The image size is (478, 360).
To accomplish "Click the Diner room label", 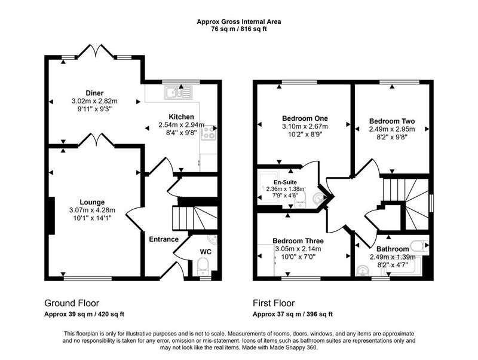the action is click(x=94, y=93).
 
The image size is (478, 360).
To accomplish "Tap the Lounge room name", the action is click(x=92, y=202).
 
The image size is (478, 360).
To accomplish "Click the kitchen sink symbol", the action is click(x=178, y=92).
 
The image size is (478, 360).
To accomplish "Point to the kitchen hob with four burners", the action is click(x=209, y=133).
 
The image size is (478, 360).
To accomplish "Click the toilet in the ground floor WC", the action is click(x=203, y=265).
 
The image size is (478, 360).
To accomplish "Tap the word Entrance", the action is click(x=164, y=239).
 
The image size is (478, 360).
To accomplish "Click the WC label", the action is click(x=206, y=252).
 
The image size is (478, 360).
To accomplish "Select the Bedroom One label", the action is click(x=305, y=118).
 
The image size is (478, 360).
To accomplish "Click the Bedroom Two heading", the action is click(x=392, y=121).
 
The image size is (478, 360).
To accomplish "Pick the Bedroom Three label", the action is click(x=298, y=241).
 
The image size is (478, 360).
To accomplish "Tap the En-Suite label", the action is click(x=285, y=182).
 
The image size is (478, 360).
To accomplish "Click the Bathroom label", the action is click(x=393, y=249).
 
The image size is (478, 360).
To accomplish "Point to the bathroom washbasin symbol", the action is click(x=363, y=271).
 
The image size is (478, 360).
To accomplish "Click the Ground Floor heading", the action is click(x=72, y=303).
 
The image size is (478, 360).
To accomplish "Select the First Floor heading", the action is click(x=274, y=303).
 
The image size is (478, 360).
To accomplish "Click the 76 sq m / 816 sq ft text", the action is click(x=238, y=29).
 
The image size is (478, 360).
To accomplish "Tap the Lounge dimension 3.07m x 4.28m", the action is click(x=92, y=210).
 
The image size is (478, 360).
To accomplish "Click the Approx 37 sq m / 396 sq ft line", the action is click(x=293, y=314).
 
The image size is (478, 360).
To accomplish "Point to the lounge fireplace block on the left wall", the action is click(x=51, y=216).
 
